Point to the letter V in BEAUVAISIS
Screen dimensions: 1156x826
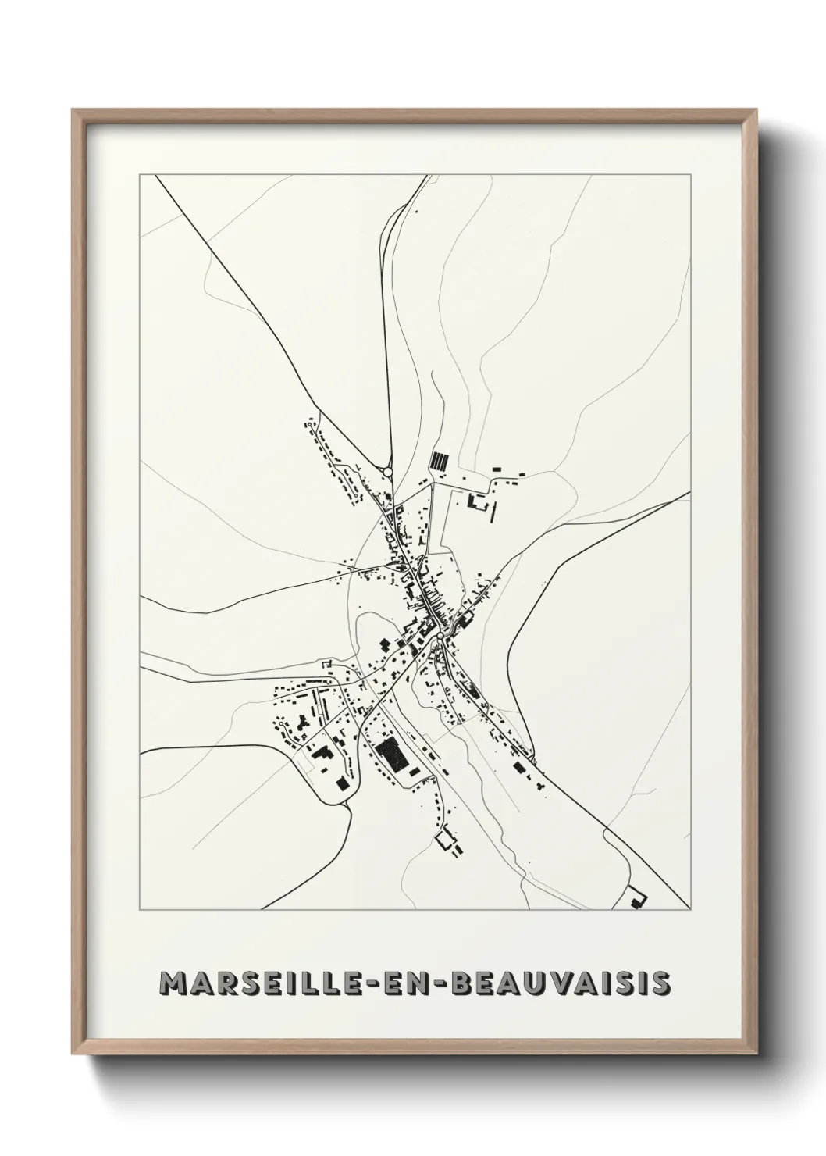[566, 983]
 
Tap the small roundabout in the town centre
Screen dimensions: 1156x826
[440, 637]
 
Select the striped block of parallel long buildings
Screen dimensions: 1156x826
[440, 460]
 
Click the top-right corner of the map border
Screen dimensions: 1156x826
[690, 175]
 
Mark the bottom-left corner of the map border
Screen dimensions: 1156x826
[140, 910]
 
